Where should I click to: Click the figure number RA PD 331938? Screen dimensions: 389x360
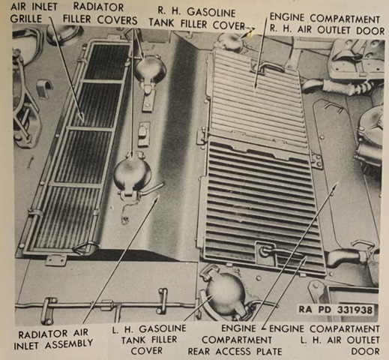point(336,310)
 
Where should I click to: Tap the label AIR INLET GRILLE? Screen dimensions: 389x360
point(34,13)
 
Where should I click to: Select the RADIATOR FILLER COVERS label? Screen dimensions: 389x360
point(100,13)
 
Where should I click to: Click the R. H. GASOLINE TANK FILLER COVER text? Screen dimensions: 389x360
point(197,19)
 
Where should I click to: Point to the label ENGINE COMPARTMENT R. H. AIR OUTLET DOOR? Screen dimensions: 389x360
point(327,24)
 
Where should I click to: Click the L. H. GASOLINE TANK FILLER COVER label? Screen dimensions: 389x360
point(149,340)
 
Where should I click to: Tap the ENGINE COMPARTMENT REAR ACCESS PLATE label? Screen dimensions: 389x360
point(235,340)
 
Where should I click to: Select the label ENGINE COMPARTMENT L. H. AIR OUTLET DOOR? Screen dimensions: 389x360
point(325,340)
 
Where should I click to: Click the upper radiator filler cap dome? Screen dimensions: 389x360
point(150,67)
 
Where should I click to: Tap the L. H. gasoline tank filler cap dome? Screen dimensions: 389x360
point(225,291)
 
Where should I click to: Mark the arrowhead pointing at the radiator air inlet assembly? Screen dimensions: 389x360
point(155,199)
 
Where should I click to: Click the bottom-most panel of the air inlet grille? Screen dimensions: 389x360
point(67,218)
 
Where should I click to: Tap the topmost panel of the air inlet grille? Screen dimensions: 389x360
point(106,62)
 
